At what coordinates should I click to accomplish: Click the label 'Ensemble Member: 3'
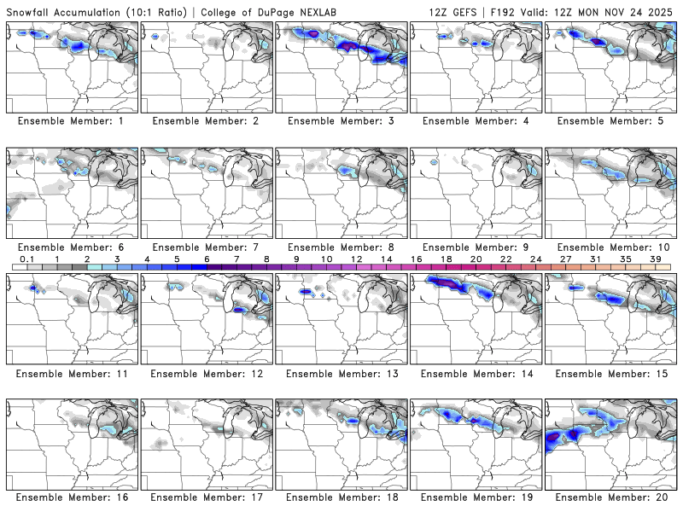tap(341, 121)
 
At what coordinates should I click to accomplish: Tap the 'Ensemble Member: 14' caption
tap(476, 372)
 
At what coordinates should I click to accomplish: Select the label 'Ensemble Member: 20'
tap(610, 497)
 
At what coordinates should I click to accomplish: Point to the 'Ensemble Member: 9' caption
tap(476, 247)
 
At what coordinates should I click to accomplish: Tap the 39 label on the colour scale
tap(657, 259)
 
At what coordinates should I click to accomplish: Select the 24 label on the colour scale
tap(536, 259)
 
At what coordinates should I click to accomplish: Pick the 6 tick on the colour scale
tap(207, 259)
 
